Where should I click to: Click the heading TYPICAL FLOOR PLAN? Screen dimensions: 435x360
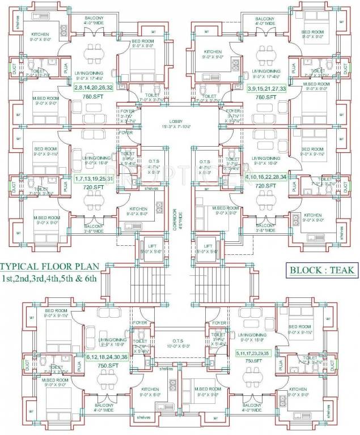[49, 266]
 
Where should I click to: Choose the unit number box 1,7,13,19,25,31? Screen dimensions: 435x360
[94, 178]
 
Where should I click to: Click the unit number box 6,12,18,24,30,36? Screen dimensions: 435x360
[107, 357]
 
